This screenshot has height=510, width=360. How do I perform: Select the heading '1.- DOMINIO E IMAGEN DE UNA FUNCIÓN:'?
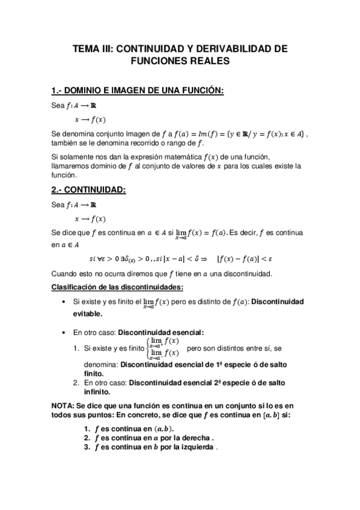138,91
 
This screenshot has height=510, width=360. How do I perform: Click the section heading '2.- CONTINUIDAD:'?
88,190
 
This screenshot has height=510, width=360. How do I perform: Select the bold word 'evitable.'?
88,313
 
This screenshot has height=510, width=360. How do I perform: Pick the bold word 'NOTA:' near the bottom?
63,405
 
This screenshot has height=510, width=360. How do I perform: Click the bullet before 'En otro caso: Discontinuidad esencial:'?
64,332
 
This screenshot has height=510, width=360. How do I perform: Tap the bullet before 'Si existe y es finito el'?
64,301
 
